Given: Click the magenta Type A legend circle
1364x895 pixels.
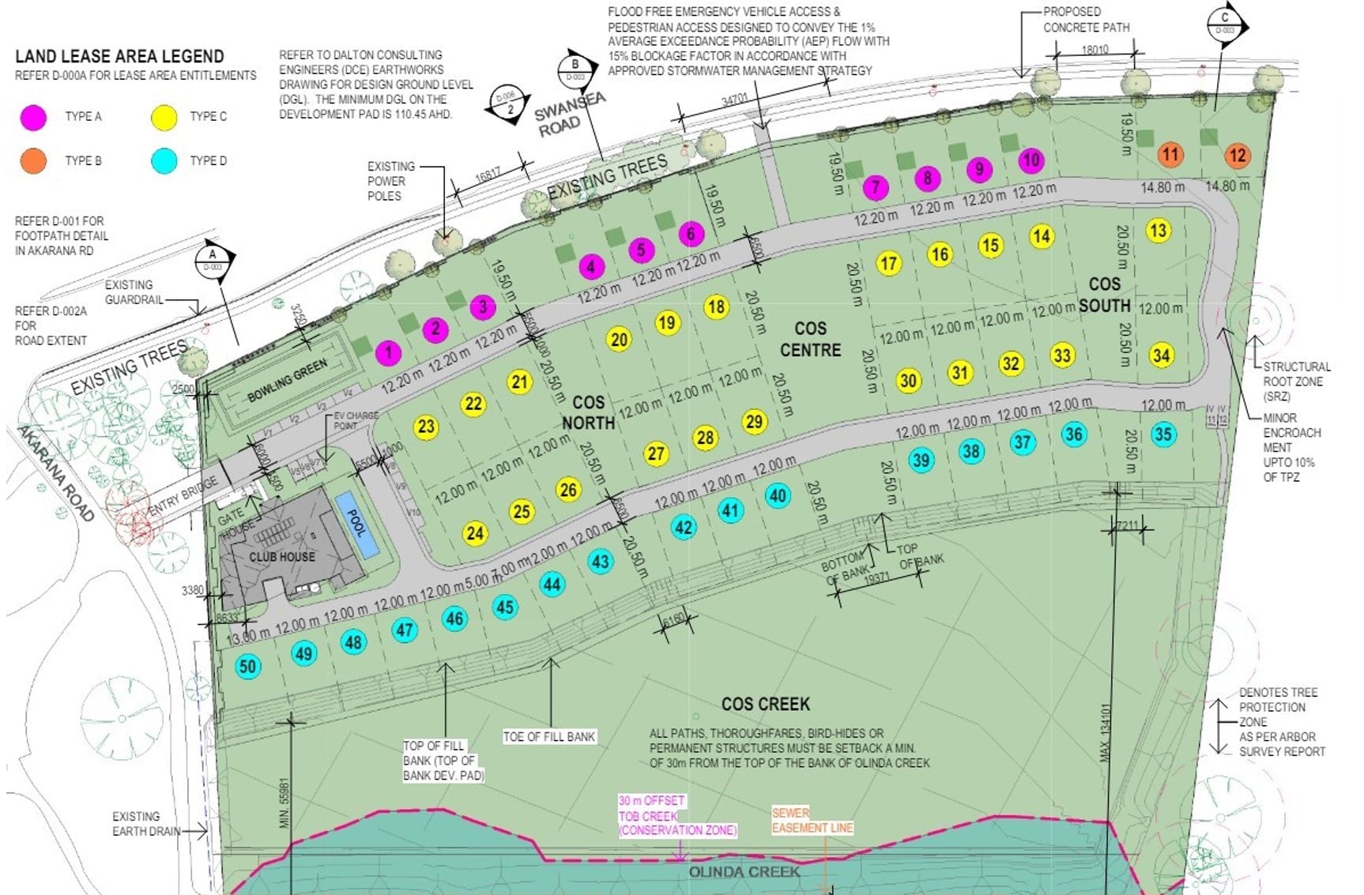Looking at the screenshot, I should pos(33,117).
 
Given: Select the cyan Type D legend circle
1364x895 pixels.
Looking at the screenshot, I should pos(164,160).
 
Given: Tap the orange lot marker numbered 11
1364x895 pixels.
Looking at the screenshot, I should pos(1170,154).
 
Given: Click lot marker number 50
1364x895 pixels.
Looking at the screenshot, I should pos(247,666).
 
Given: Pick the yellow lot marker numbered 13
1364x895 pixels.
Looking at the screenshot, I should pos(1158,231).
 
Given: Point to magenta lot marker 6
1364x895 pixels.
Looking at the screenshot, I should pos(691,234).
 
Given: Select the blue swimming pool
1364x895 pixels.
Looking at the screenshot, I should pos(356,525).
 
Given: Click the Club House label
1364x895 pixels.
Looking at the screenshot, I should pos(282,557).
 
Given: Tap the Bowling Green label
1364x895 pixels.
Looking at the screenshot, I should pos(287,381).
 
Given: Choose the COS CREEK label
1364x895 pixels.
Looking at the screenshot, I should pos(765,704).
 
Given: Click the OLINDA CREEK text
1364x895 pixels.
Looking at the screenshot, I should pos(744,872).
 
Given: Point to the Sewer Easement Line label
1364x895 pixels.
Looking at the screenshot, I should pos(812,820).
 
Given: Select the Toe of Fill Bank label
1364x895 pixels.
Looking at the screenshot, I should pos(549,736).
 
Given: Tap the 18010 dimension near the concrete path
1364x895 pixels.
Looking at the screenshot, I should pos(1095,50).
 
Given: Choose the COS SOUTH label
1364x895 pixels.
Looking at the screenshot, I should pos(1104,294).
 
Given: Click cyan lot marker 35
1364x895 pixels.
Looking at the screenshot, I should pos(1162,434).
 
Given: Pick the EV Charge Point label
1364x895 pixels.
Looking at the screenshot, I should pos(356,420).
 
